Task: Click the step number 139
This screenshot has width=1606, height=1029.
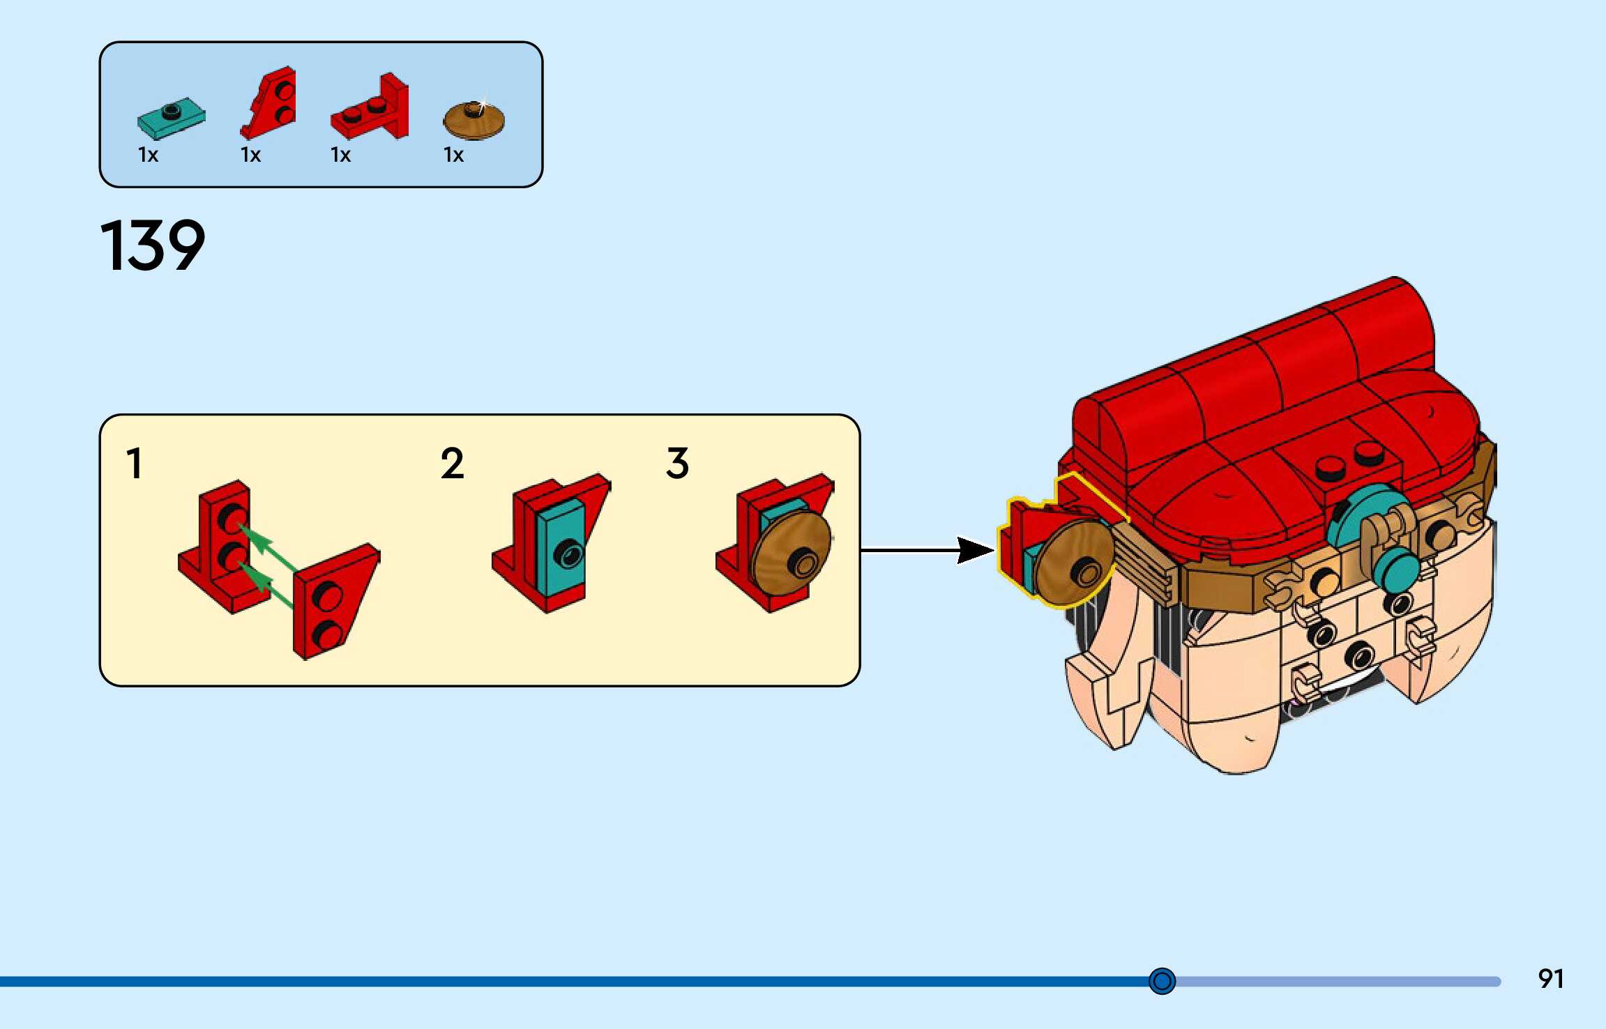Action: (153, 245)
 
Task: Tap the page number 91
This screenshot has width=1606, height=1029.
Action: (1550, 979)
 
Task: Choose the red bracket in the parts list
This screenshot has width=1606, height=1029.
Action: (372, 109)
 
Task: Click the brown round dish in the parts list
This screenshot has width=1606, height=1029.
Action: (474, 121)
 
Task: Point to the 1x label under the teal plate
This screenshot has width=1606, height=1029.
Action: (148, 155)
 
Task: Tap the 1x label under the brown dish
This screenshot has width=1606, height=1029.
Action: (453, 155)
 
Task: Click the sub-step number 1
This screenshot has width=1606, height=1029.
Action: (135, 464)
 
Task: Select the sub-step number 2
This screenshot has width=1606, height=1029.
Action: (452, 464)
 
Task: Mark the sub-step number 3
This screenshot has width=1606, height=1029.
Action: (677, 464)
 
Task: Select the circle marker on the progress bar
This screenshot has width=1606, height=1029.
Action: (1162, 981)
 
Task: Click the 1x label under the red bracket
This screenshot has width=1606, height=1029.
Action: (340, 155)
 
